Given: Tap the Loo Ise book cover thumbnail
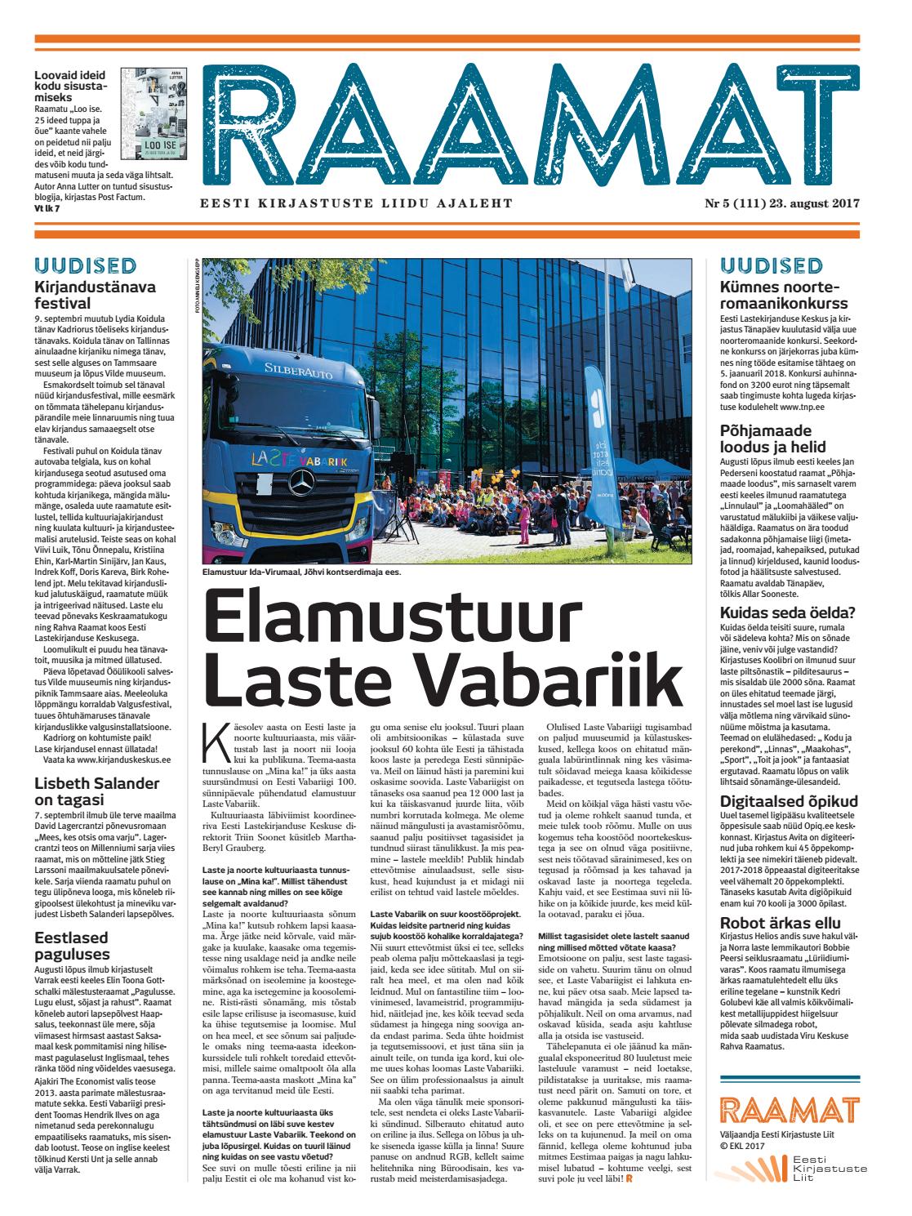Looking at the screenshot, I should click(x=152, y=118).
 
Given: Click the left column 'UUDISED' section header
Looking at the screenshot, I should click(x=85, y=265).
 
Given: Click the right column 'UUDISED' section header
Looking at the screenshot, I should click(x=771, y=265).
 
